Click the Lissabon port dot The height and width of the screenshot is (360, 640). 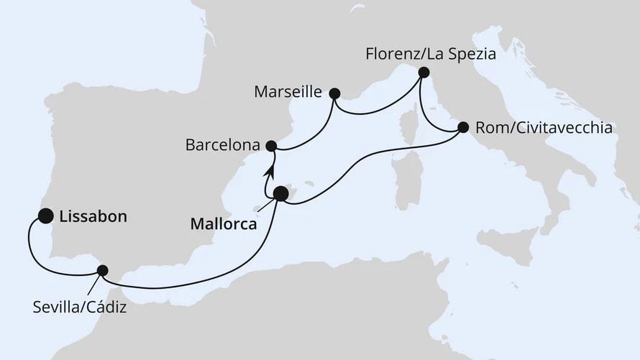[46, 215]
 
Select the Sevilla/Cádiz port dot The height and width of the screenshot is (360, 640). [102, 271]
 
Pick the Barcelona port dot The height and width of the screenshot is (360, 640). [271, 146]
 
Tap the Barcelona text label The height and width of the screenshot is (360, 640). [222, 145]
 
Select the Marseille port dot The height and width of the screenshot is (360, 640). [334, 93]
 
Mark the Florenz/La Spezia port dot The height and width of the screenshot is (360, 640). [424, 72]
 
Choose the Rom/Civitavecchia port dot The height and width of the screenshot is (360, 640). [462, 128]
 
